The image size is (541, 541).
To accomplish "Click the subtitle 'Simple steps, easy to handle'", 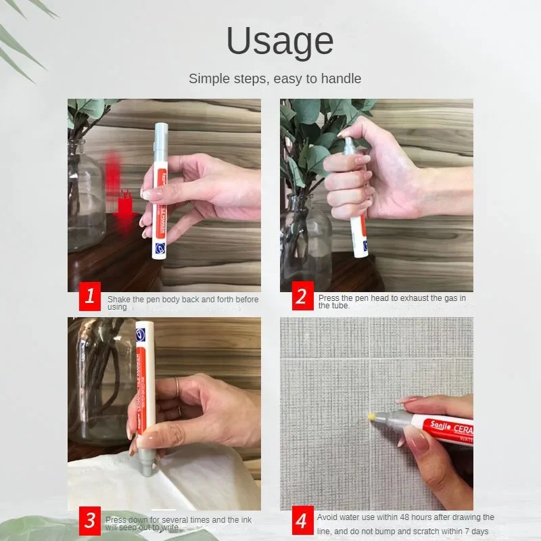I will point(275,78).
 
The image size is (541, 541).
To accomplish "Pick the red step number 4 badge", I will point(302,521).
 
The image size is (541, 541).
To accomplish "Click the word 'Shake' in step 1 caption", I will point(120,299).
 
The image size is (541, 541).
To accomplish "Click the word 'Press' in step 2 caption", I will point(330,298).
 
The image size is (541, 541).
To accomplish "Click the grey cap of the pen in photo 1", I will point(162,139).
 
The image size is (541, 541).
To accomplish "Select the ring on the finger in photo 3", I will point(177,388).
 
